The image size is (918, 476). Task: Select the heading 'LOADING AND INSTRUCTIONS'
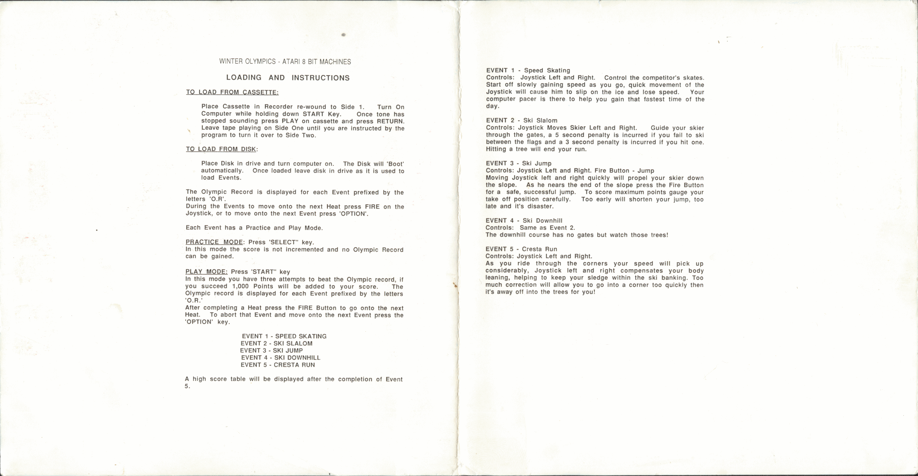pyautogui.click(x=288, y=78)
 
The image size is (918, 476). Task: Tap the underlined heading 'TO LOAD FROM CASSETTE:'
pyautogui.click(x=232, y=92)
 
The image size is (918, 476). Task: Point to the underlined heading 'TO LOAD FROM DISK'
pyautogui.click(x=221, y=149)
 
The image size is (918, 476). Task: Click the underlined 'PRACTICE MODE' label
pyautogui.click(x=214, y=242)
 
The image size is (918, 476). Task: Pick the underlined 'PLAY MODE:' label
pyautogui.click(x=206, y=272)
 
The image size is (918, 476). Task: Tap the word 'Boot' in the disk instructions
pyautogui.click(x=395, y=164)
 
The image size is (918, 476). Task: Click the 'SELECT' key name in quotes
pyautogui.click(x=283, y=242)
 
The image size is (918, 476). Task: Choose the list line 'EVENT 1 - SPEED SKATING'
pyautogui.click(x=284, y=336)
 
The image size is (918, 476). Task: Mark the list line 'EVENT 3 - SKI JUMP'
pyautogui.click(x=272, y=350)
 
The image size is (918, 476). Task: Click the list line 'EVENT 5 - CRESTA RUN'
pyautogui.click(x=278, y=365)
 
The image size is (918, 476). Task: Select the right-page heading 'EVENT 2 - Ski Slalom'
pyautogui.click(x=522, y=120)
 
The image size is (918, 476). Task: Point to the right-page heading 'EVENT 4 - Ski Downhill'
pyautogui.click(x=524, y=220)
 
